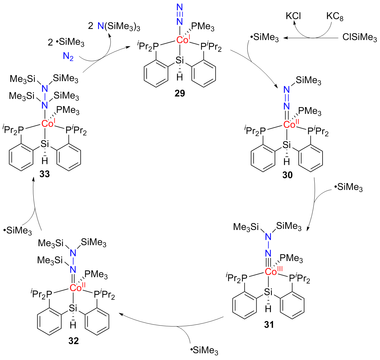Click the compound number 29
180,93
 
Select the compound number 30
287,175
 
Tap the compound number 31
269,325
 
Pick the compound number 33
45,174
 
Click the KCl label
293,16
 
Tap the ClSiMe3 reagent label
360,38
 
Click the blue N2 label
68,57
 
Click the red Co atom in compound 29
182,40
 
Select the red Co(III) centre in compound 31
271,272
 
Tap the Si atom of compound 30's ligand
287,145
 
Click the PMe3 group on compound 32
96,274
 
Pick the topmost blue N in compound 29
180,7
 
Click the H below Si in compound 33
45,161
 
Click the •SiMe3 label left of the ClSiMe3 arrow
265,38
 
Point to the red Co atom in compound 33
47,124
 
